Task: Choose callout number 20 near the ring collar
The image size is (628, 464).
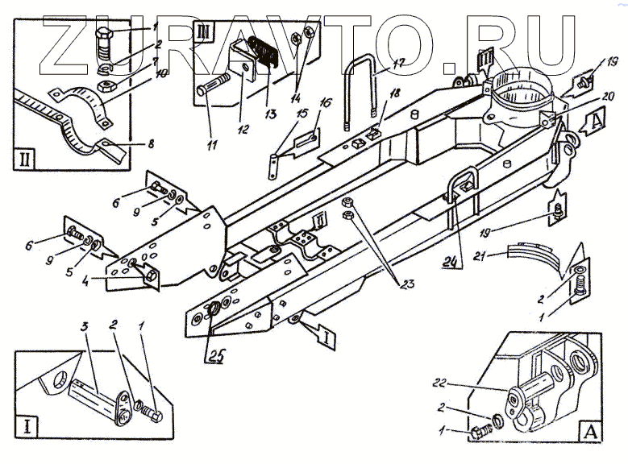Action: tap(586, 94)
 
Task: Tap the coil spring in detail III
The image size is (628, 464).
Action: tap(264, 53)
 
